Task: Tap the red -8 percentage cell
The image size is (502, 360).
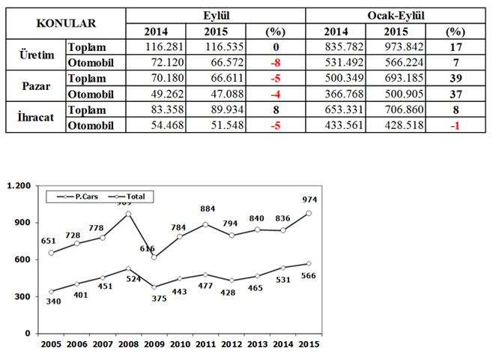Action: pyautogui.click(x=276, y=62)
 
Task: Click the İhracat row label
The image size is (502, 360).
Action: pyautogui.click(x=34, y=117)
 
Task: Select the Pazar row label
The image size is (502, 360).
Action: pyautogui.click(x=34, y=85)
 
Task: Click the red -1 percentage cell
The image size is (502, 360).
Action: pyautogui.click(x=454, y=125)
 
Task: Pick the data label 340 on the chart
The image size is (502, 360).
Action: pyautogui.click(x=51, y=303)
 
